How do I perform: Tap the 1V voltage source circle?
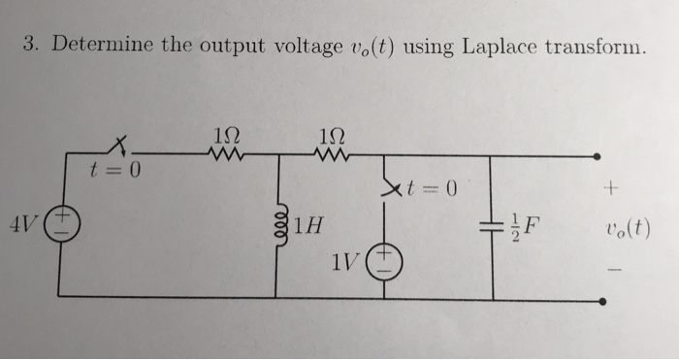[382, 260]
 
